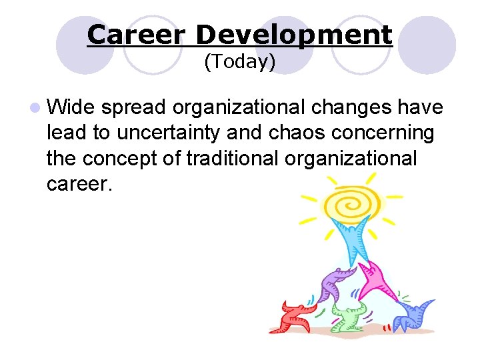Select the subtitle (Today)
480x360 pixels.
click(239, 62)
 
